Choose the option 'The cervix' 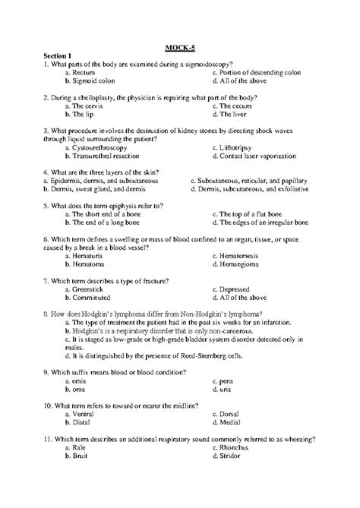click(90, 107)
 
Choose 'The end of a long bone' click(109, 222)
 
